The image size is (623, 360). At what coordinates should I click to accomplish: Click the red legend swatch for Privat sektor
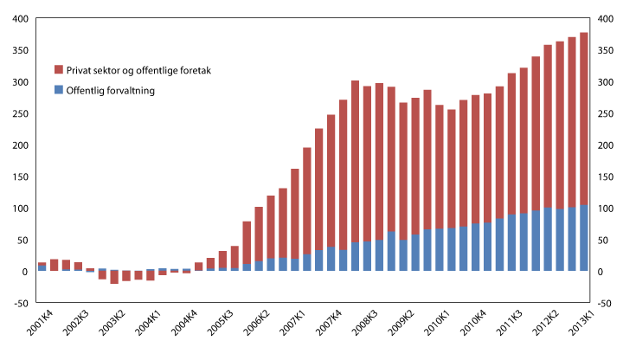tap(58, 69)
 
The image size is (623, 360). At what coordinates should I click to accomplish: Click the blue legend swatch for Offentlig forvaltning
tap(58, 89)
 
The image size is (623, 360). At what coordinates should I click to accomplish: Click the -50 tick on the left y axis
tap(19, 304)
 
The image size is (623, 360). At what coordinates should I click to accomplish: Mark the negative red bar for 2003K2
tap(113, 278)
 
